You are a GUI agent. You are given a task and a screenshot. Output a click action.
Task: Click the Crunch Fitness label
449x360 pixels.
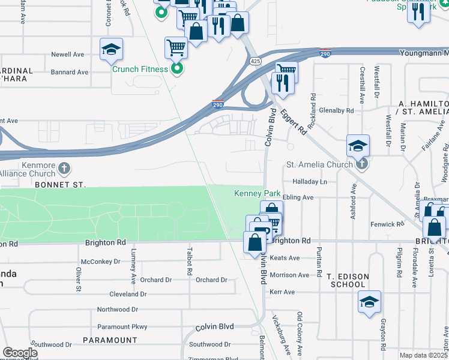point(140,69)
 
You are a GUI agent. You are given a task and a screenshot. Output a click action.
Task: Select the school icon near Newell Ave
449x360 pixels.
point(111,50)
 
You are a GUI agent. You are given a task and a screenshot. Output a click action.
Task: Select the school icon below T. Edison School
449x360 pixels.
point(369,303)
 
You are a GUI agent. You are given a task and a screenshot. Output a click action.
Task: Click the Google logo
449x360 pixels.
point(20,353)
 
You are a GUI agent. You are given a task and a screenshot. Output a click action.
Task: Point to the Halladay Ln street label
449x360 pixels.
point(310,181)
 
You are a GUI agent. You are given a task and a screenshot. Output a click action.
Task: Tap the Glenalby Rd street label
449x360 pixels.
point(337,110)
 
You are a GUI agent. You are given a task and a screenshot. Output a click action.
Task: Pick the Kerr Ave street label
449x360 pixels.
point(282,292)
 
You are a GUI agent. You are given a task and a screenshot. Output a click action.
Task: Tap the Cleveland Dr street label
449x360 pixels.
point(128,294)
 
